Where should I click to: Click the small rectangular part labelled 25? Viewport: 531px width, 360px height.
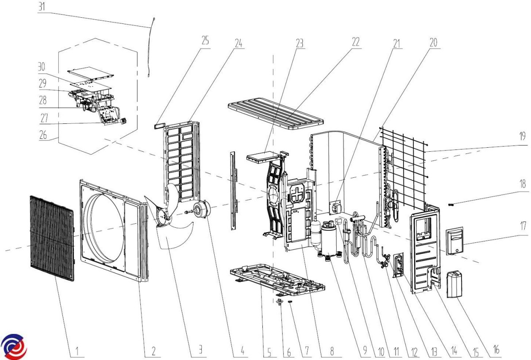[158, 126]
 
